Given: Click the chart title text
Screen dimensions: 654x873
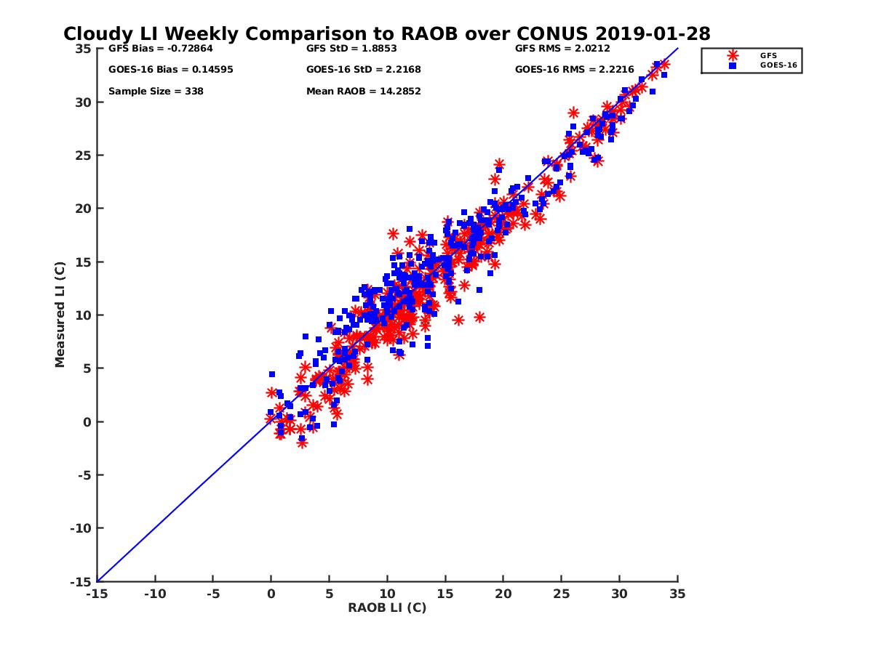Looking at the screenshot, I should pos(386,34).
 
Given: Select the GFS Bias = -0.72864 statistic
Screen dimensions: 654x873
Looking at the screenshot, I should pos(160,49).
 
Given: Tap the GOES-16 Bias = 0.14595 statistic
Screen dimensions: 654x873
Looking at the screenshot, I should pos(170,70).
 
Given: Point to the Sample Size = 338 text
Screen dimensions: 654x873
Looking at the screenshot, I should pos(156,91).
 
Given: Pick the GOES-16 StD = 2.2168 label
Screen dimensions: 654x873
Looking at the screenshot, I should pos(364,70).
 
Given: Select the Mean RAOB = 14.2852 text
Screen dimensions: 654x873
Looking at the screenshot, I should pos(364,91).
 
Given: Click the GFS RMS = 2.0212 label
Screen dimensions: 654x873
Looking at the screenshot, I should pos(562,49).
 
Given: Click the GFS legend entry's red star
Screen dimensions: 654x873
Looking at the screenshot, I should pos(732,55).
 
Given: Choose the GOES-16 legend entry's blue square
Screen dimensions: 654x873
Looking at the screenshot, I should pos(732,65).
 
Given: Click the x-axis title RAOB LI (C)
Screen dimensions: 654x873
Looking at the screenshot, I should pos(387,607).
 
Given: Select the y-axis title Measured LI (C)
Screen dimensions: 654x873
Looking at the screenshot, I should pos(60,315).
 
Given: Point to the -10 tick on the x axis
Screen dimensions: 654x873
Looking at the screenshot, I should pos(154,594).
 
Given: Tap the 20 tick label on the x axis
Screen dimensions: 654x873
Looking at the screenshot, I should pos(503,594).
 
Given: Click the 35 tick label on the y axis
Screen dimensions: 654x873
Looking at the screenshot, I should pos(82,49).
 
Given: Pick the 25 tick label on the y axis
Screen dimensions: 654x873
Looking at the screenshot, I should pos(82,156).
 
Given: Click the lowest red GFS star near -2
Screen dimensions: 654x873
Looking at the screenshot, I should pos(302,443).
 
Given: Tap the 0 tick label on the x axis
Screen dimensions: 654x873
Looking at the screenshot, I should pos(271,594).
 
